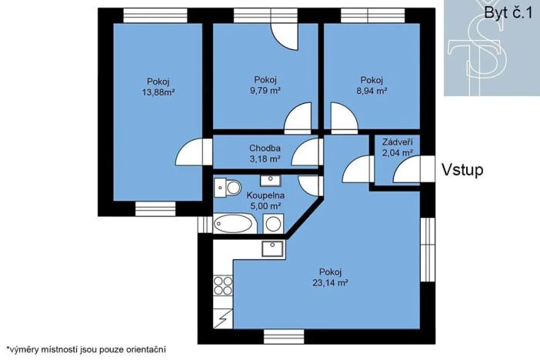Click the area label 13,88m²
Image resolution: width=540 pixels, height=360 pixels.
click(x=158, y=93)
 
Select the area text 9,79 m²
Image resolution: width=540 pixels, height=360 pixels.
click(x=265, y=91)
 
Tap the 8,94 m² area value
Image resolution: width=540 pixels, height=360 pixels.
click(x=372, y=91)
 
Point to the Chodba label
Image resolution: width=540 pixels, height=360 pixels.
click(x=265, y=148)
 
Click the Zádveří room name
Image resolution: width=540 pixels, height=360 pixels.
click(x=398, y=142)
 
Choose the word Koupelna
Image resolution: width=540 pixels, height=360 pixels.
click(x=264, y=195)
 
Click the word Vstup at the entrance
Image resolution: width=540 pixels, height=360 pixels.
click(x=462, y=170)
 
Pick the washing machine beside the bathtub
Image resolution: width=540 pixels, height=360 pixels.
click(x=273, y=225)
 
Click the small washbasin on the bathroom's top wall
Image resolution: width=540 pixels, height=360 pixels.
click(x=270, y=180)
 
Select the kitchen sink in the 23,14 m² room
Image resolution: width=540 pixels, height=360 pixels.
click(x=272, y=248)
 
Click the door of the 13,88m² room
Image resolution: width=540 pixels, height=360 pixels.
click(x=191, y=152)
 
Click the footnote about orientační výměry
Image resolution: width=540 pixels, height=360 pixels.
click(x=85, y=349)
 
